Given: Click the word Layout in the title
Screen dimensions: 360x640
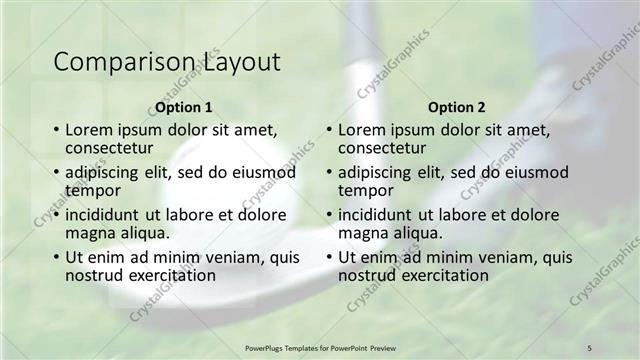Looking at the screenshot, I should pyautogui.click(x=241, y=62).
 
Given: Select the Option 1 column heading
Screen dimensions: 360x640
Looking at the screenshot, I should pyautogui.click(x=184, y=107).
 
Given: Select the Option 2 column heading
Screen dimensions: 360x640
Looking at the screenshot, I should pyautogui.click(x=457, y=107).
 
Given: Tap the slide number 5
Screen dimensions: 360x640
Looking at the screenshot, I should pyautogui.click(x=589, y=347).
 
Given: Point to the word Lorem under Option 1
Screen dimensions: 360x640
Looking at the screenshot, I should pyautogui.click(x=90, y=130).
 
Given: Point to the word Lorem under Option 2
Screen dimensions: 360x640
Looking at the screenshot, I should pyautogui.click(x=363, y=130).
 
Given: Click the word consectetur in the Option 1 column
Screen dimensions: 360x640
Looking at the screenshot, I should pyautogui.click(x=114, y=148).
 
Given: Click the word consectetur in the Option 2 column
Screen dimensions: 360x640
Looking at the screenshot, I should pyautogui.click(x=387, y=148).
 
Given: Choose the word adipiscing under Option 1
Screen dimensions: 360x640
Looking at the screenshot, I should pyautogui.click(x=108, y=172).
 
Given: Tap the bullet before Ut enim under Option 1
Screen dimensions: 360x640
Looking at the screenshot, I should pyautogui.click(x=55, y=257).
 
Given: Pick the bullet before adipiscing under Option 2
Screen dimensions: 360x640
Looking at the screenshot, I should pyautogui.click(x=328, y=172).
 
